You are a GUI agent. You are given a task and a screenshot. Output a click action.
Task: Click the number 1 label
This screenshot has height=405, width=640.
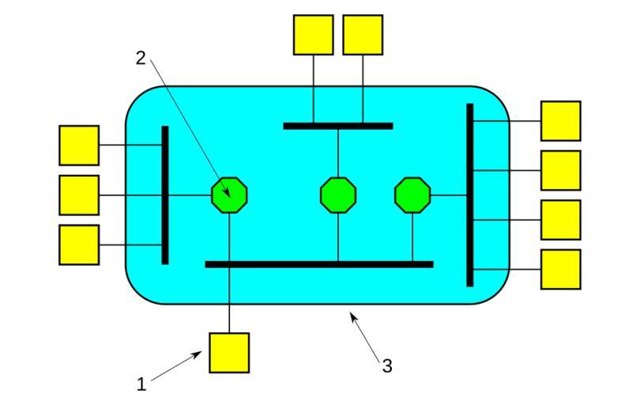pyautogui.click(x=141, y=385)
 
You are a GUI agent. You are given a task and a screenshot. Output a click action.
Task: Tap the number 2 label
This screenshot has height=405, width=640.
pyautogui.click(x=141, y=57)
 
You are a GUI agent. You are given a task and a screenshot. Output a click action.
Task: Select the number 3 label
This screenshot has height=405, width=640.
pyautogui.click(x=387, y=365)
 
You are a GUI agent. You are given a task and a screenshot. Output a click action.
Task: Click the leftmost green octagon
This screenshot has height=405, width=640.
pyautogui.click(x=230, y=195)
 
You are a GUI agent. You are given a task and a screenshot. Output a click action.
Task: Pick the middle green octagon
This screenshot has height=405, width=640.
pyautogui.click(x=338, y=195)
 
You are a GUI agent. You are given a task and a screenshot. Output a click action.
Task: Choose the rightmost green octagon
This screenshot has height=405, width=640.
pyautogui.click(x=412, y=195)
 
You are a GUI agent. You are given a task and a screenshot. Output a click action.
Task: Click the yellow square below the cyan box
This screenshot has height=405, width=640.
pyautogui.click(x=229, y=352)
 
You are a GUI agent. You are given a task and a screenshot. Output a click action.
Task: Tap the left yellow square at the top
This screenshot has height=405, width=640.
pyautogui.click(x=314, y=35)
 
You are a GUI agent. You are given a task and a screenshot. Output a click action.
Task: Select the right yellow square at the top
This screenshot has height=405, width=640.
pyautogui.click(x=363, y=35)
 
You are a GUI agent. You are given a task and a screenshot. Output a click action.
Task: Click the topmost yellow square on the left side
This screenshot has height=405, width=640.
pyautogui.click(x=79, y=145)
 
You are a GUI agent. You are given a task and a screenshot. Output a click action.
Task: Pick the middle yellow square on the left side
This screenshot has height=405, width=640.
pyautogui.click(x=79, y=195)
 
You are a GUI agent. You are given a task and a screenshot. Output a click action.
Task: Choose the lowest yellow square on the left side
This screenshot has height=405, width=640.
pyautogui.click(x=79, y=244)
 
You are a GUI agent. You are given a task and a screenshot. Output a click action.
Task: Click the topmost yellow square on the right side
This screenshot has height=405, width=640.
pyautogui.click(x=560, y=120)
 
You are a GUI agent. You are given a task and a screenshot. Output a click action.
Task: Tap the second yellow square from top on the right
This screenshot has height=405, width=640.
pyautogui.click(x=560, y=170)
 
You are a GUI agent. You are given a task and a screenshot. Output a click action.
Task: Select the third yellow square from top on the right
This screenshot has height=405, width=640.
pyautogui.click(x=560, y=219)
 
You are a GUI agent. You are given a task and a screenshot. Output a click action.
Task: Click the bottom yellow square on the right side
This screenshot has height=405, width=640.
pyautogui.click(x=560, y=269)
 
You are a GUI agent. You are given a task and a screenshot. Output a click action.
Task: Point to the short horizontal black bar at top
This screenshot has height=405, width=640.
pyautogui.click(x=338, y=126)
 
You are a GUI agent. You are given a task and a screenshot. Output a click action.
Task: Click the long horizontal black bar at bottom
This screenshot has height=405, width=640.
pyautogui.click(x=319, y=264)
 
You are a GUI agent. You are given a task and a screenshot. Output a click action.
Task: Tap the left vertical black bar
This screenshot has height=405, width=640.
pyautogui.click(x=165, y=195)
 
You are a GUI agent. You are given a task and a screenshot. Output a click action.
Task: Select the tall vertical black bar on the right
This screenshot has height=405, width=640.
pyautogui.click(x=469, y=195)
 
